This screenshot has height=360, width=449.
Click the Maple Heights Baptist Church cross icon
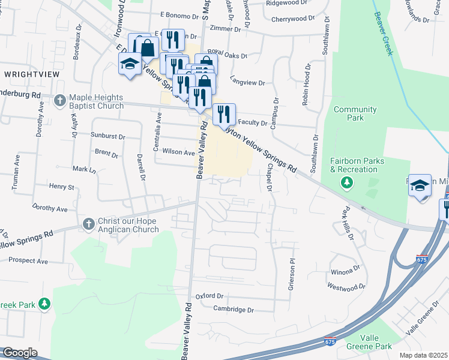tap(59, 100)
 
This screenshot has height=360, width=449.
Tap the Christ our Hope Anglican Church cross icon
tap(88, 224)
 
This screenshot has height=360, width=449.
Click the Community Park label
tap(355, 113)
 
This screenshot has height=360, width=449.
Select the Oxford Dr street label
tap(209, 296)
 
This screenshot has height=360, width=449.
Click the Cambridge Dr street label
tap(234, 310)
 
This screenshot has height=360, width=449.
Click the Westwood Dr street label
tap(346, 288)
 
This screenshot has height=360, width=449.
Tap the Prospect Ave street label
tap(28, 262)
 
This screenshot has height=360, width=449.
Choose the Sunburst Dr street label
tap(107, 136)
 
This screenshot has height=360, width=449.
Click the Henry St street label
tap(61, 187)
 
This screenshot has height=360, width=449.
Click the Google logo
tap(20, 353)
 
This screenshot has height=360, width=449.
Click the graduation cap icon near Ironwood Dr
tap(129, 64)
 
